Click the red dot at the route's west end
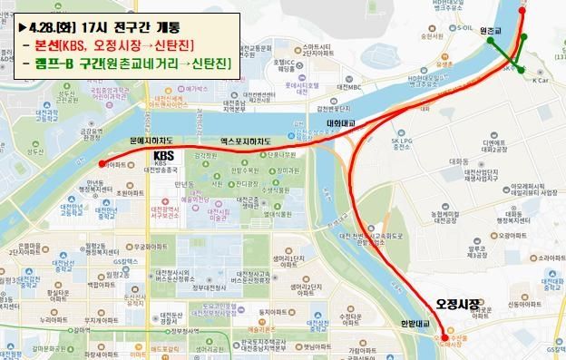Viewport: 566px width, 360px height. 102,165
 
